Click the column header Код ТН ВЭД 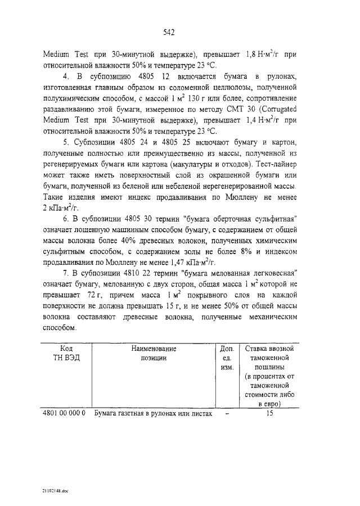point(66,354)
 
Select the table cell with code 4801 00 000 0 point(64,413)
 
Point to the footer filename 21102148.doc point(54,491)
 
